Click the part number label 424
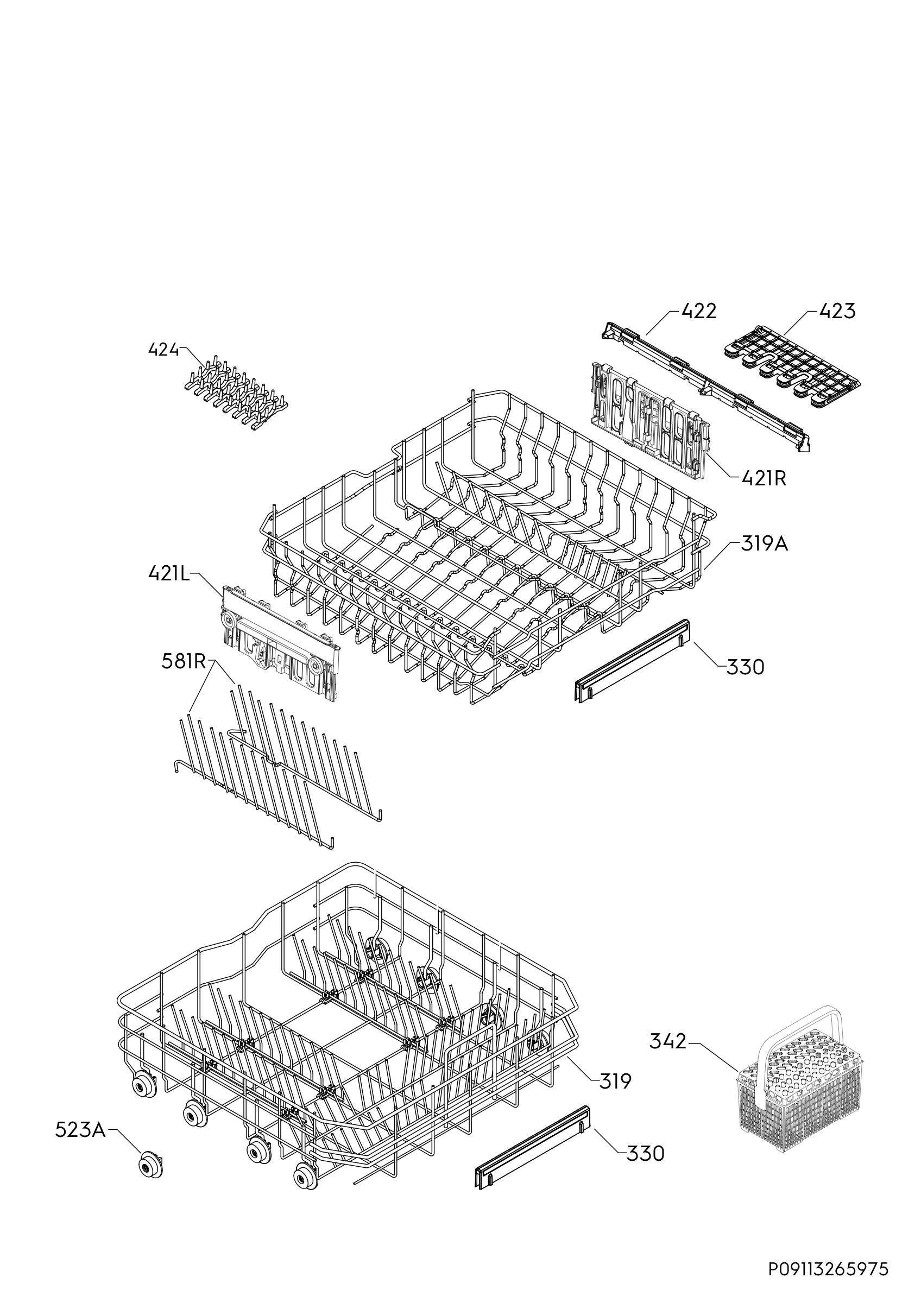pos(163,350)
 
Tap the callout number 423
pos(837,311)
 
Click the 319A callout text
pos(765,544)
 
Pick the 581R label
pos(182,662)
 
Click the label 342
pos(668,1041)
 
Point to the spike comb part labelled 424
pos(237,390)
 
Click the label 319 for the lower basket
pos(615,1081)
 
